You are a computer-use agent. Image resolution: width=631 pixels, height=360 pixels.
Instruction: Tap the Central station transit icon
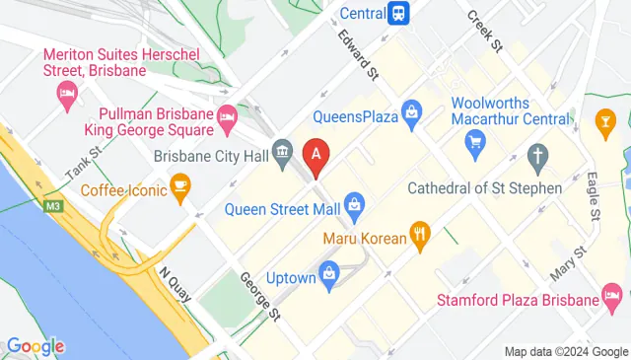click(x=398, y=13)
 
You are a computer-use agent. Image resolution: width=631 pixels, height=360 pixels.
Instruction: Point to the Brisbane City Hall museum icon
click(x=282, y=153)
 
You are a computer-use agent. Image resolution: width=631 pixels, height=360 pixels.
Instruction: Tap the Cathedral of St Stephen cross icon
click(x=537, y=155)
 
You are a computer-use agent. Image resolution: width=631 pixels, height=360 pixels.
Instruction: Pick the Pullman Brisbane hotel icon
click(x=226, y=116)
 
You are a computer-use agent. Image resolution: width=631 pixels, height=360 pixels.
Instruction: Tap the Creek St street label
click(x=484, y=31)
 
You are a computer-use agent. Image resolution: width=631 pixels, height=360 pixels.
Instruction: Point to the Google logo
click(x=35, y=345)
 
